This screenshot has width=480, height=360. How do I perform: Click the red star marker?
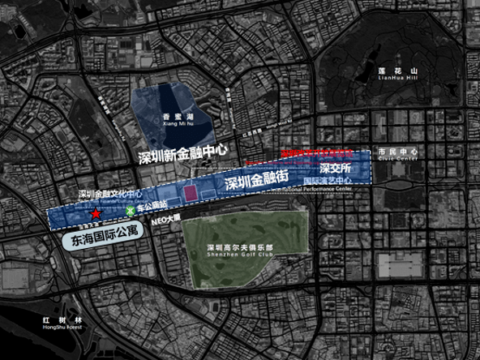(x=96, y=214)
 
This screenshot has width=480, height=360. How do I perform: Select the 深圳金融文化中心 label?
(x=111, y=195)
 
